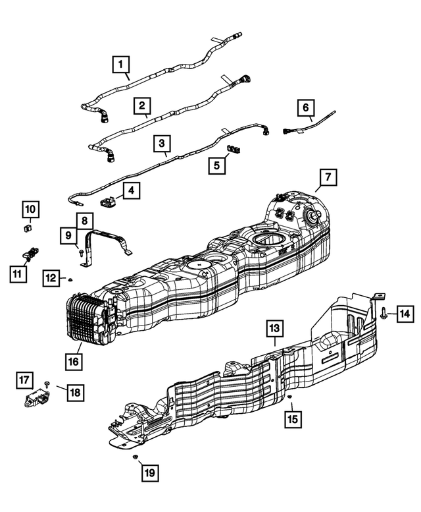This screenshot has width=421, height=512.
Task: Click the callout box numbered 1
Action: pyautogui.click(x=120, y=65)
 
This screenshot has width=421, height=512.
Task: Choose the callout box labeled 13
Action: pyautogui.click(x=275, y=327)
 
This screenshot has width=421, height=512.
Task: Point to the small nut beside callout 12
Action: pyautogui.click(x=70, y=279)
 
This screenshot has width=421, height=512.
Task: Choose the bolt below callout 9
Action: pyautogui.click(x=80, y=252)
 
